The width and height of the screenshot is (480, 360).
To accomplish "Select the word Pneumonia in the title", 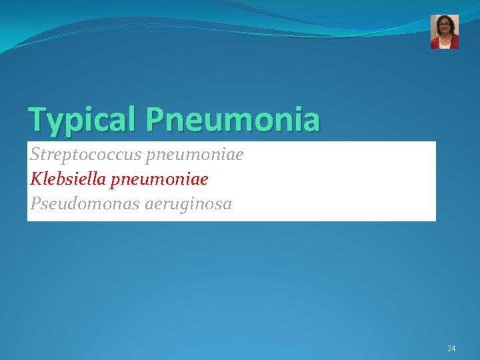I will click(x=233, y=120).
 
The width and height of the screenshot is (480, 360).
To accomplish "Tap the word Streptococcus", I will click(x=83, y=155).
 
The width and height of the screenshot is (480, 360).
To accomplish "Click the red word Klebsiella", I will click(x=71, y=179).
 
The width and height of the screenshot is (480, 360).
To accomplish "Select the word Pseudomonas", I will click(x=84, y=204).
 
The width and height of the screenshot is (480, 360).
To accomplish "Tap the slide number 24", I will click(x=451, y=349).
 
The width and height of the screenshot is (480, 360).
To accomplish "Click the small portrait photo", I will click(x=445, y=31).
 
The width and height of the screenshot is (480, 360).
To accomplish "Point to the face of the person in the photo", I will click(x=445, y=29).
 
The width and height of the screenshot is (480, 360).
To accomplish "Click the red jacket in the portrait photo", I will click(x=437, y=43).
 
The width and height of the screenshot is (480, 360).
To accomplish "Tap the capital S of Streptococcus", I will click(x=35, y=155).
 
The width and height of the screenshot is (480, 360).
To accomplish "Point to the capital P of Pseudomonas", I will click(x=35, y=204).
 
